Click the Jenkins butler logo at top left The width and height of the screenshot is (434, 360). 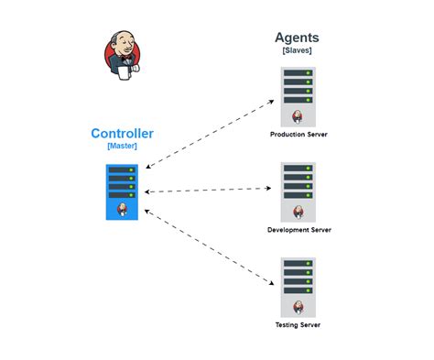(121, 53)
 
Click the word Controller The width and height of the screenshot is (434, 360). (122, 134)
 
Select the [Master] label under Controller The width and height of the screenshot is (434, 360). (122, 147)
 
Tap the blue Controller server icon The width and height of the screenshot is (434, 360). (121, 191)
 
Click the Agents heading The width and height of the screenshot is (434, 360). (298, 38)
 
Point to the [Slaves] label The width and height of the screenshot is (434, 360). (298, 50)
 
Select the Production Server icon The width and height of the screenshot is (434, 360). (298, 95)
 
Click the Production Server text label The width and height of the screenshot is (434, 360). (298, 134)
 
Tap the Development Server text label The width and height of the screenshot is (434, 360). (298, 230)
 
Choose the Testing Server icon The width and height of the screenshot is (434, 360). (298, 286)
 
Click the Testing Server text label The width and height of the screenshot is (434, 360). (298, 325)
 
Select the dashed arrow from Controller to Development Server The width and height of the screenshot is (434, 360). (210, 190)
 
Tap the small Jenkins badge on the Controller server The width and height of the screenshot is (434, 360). (122, 209)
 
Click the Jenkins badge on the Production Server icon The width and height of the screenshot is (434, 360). (298, 115)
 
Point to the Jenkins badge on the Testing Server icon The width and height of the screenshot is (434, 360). (298, 307)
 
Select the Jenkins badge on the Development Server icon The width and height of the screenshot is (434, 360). (298, 212)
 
